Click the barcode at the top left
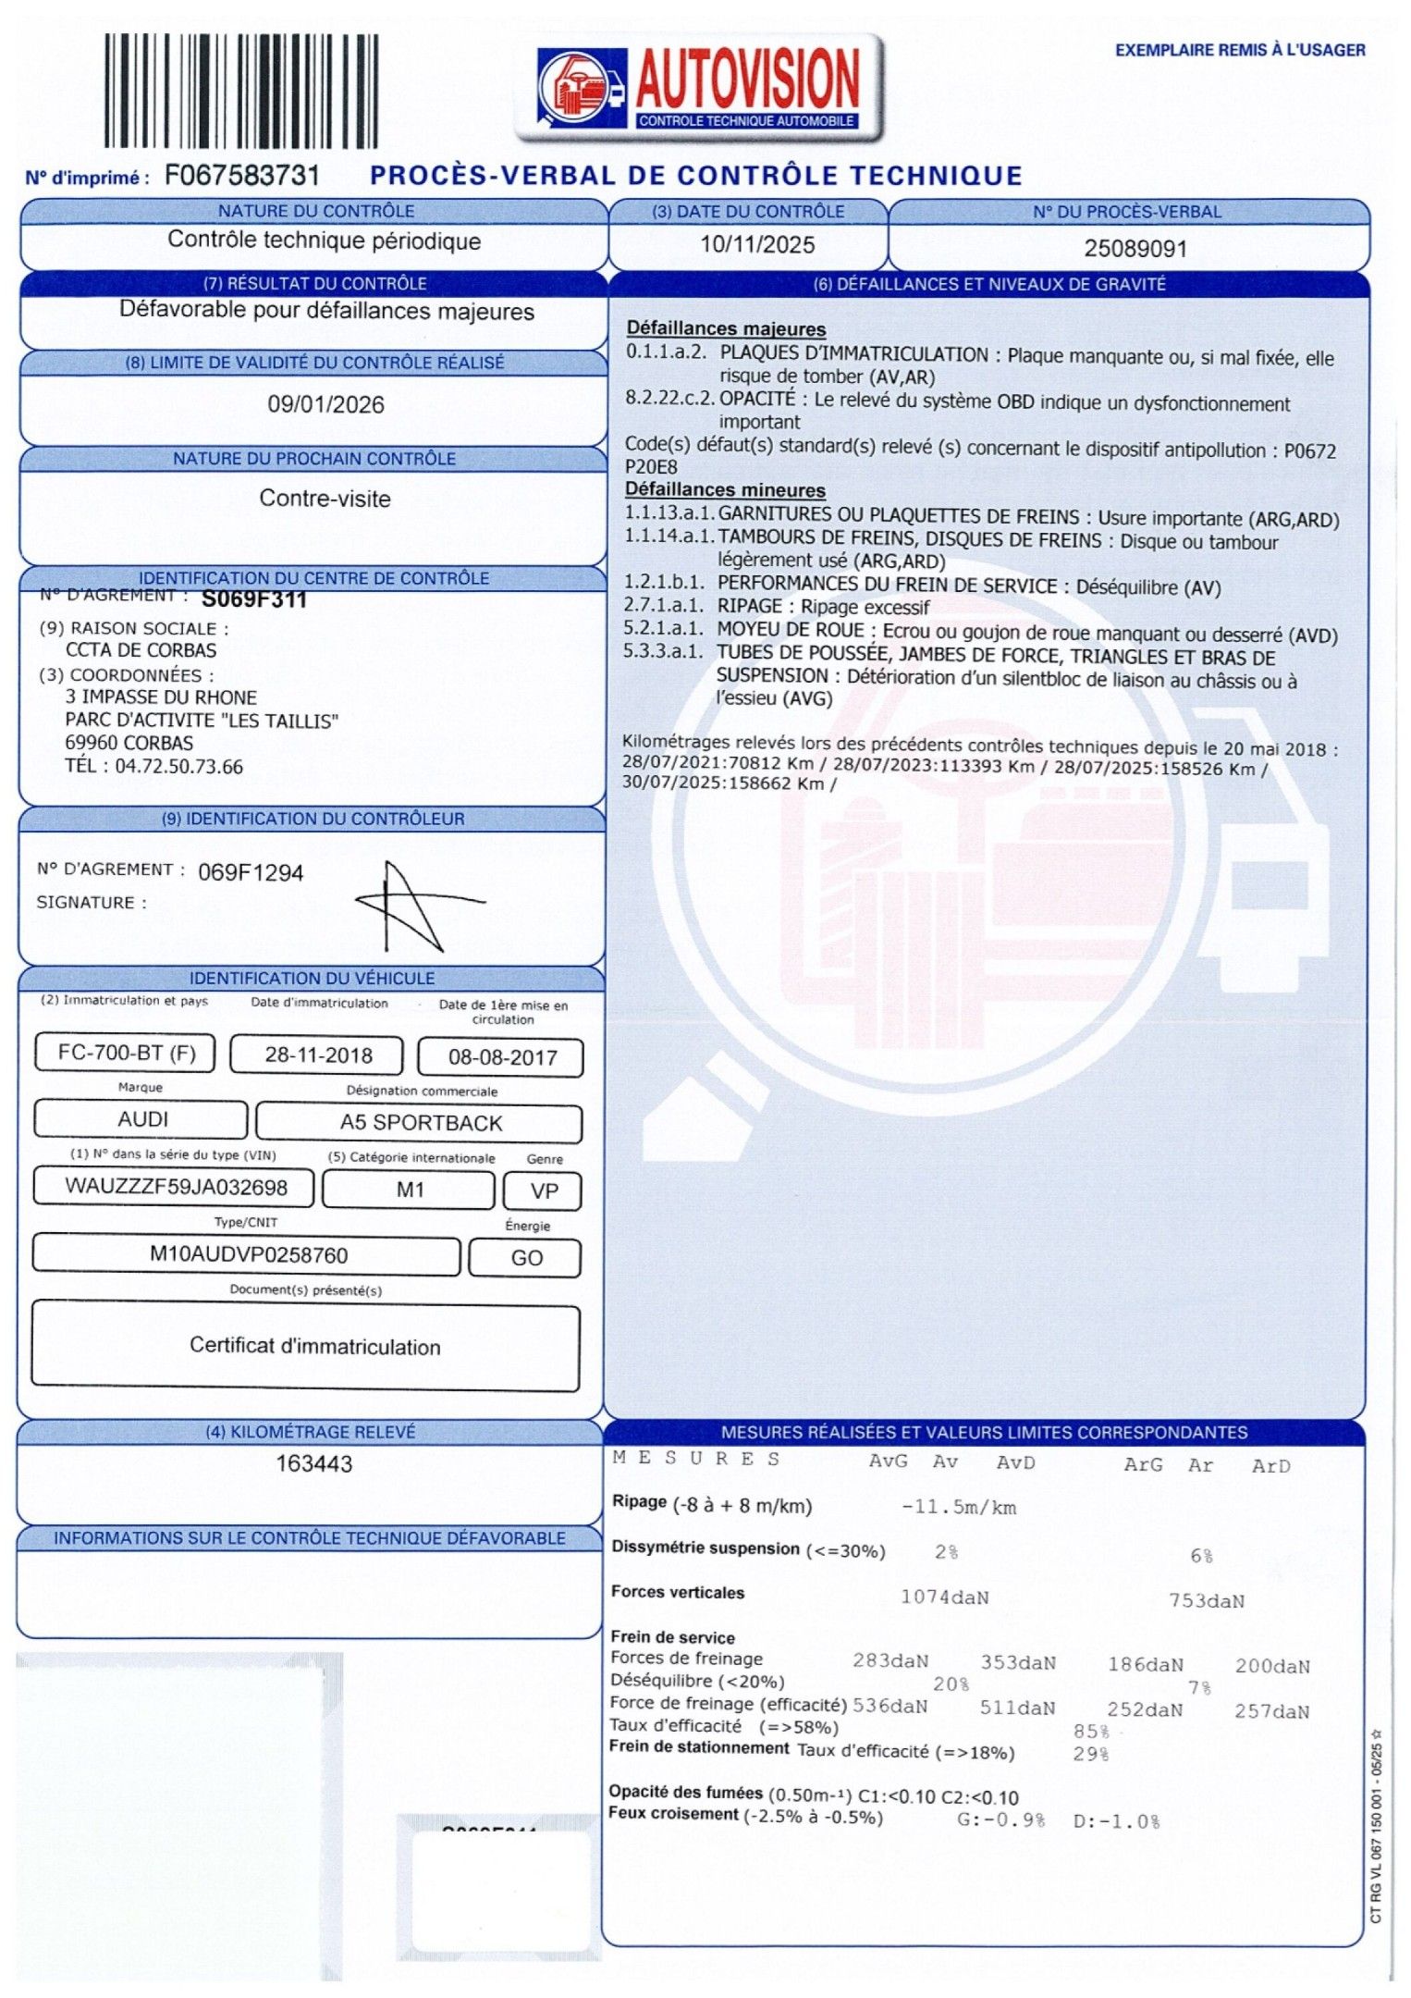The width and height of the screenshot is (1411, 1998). click(240, 91)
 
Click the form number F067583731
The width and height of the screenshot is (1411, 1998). click(242, 176)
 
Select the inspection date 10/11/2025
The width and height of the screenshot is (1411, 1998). click(757, 245)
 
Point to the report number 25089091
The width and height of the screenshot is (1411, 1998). click(1135, 249)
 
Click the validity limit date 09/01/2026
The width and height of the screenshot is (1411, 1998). click(325, 404)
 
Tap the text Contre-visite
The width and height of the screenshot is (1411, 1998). click(325, 499)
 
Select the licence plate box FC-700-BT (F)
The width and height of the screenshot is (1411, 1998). click(126, 1053)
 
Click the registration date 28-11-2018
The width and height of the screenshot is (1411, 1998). click(318, 1055)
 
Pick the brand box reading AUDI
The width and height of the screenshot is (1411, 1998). click(142, 1119)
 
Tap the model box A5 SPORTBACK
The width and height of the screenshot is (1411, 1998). click(421, 1123)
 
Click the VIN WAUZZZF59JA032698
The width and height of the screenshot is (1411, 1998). click(176, 1187)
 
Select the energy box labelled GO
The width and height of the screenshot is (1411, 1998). click(526, 1258)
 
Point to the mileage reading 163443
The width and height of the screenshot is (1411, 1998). click(314, 1463)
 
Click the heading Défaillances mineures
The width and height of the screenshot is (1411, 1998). click(725, 489)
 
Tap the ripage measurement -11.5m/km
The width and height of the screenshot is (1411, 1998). click(959, 1507)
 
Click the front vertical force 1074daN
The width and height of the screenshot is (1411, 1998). click(944, 1597)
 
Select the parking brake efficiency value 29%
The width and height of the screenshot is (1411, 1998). click(1090, 1754)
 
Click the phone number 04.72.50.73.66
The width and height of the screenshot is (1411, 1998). click(178, 767)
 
